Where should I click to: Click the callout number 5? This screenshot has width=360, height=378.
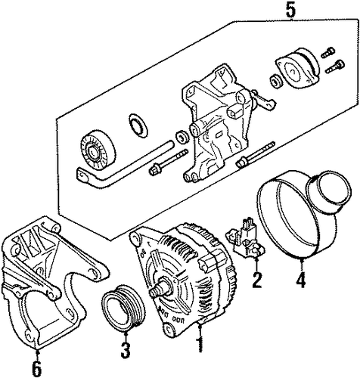[290, 9]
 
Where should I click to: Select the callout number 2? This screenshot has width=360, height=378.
[257, 280]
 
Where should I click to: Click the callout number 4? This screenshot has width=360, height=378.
[301, 280]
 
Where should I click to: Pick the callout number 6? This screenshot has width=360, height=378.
[37, 367]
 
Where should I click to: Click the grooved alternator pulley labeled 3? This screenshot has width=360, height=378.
[123, 308]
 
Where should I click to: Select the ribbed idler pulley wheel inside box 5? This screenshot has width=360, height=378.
[98, 152]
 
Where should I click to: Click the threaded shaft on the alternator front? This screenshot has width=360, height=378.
[160, 288]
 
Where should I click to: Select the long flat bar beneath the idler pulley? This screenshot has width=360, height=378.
[121, 166]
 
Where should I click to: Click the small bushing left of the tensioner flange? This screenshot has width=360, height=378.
[276, 81]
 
